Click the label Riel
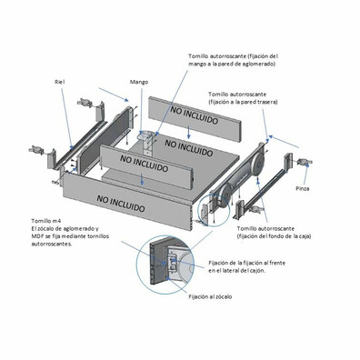click(x=60, y=82)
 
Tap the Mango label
click(x=139, y=82)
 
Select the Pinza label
click(x=303, y=188)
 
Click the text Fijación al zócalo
click(x=210, y=296)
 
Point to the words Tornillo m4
click(x=44, y=221)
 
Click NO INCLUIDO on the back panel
click(x=195, y=115)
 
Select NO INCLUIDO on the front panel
click(x=121, y=204)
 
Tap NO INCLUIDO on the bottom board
click(x=189, y=147)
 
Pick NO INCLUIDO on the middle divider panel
click(x=144, y=163)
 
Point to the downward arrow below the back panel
click(x=189, y=132)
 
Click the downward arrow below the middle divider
click(x=142, y=179)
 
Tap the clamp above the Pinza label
click(x=304, y=162)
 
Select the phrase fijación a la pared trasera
click(x=243, y=102)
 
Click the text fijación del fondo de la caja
click(x=274, y=236)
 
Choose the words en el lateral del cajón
click(x=236, y=271)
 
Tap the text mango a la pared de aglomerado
click(x=232, y=64)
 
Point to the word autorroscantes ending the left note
click(x=52, y=245)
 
